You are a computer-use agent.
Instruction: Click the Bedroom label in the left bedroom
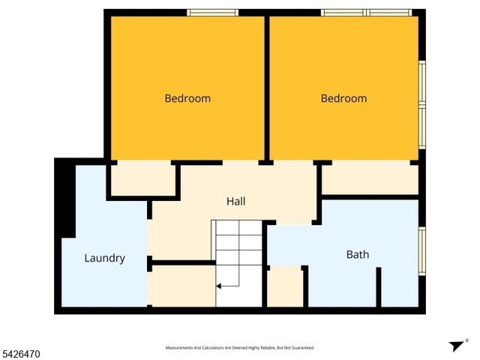(x=187, y=98)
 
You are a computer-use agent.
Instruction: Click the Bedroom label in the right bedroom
(x=343, y=98)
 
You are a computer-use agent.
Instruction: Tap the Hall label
(x=236, y=201)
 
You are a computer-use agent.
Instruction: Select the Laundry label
(x=104, y=258)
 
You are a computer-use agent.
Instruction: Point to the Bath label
(x=357, y=254)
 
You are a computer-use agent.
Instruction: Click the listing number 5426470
(x=21, y=353)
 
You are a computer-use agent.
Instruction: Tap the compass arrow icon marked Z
(x=457, y=346)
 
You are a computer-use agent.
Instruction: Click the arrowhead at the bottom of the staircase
(x=219, y=286)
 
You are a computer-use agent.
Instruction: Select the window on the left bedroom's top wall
(x=212, y=13)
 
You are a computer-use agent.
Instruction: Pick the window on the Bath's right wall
(x=421, y=250)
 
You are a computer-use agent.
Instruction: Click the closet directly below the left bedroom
(x=143, y=179)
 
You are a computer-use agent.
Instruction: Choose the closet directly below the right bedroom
(x=369, y=179)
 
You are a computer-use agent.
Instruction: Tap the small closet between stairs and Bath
(x=285, y=288)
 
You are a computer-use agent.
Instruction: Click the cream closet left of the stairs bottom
(x=183, y=286)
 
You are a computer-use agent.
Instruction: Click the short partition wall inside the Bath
(x=379, y=286)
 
